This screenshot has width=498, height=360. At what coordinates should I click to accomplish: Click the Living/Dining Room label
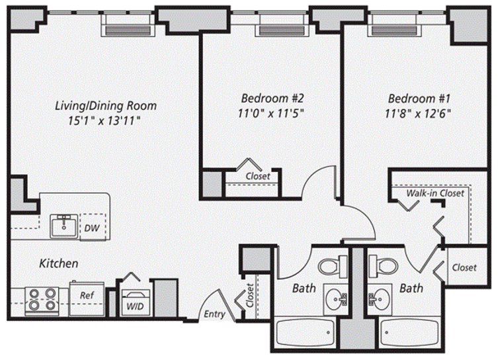(106, 106)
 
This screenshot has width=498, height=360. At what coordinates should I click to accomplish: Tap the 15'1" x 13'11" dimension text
(104, 120)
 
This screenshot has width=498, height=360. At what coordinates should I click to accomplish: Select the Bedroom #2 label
(272, 98)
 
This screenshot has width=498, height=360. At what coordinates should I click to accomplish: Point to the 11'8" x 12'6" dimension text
(418, 113)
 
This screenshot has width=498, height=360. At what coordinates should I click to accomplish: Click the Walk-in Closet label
(435, 193)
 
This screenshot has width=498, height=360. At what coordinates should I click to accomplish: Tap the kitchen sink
(64, 226)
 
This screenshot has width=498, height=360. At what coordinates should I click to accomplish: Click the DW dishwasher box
(93, 227)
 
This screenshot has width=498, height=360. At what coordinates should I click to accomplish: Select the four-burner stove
(42, 300)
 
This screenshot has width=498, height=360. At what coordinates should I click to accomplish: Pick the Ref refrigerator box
(87, 298)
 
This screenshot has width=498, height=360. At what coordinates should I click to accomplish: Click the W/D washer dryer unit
(136, 302)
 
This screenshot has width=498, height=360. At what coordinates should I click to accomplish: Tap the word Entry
(214, 314)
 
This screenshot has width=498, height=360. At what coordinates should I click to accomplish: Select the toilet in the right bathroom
(383, 265)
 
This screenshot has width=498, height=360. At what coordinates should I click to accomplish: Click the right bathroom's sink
(380, 299)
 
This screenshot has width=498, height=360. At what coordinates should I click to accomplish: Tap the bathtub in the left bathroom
(306, 333)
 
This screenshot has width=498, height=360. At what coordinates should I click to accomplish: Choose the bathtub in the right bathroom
(409, 333)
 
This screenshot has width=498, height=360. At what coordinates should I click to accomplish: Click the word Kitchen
(59, 263)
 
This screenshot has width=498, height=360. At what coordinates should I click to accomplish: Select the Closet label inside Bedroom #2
(258, 176)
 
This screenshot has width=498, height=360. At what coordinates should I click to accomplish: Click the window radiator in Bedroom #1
(394, 30)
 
